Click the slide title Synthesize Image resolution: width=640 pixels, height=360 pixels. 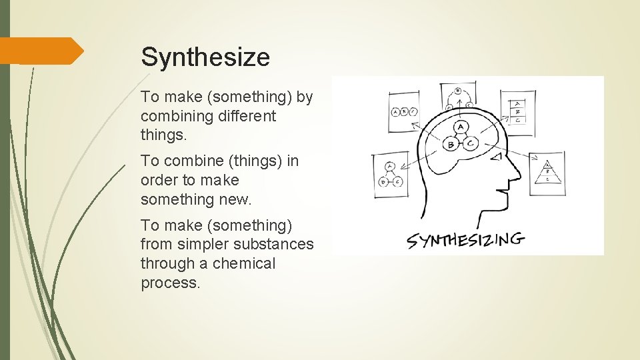point(205,57)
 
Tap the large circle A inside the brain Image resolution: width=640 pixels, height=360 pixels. point(461,127)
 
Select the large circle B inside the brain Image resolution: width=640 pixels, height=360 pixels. point(451,145)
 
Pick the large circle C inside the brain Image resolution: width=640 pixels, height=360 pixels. point(471,144)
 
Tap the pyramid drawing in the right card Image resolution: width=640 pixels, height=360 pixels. point(547,173)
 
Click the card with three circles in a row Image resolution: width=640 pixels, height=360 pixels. point(405,112)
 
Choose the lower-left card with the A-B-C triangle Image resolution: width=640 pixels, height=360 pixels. point(390,174)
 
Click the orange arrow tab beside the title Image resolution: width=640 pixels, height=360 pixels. point(40,51)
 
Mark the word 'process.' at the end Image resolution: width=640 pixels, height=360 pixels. point(170,283)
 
